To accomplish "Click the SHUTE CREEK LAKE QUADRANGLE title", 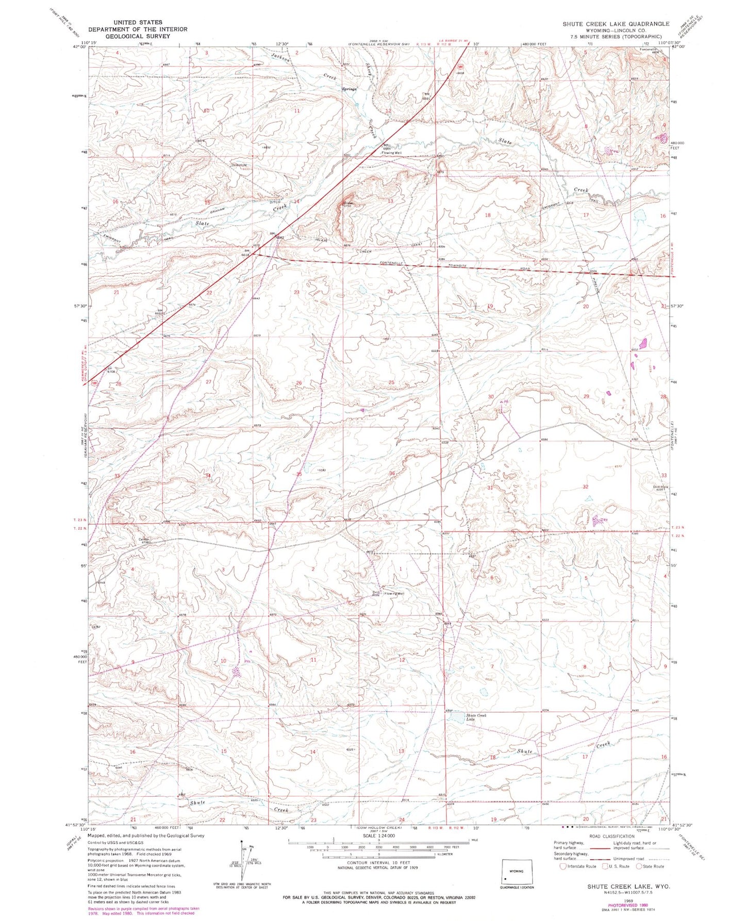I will (616, 24).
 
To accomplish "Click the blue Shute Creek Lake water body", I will (455, 717).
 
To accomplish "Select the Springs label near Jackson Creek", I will (350, 89).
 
